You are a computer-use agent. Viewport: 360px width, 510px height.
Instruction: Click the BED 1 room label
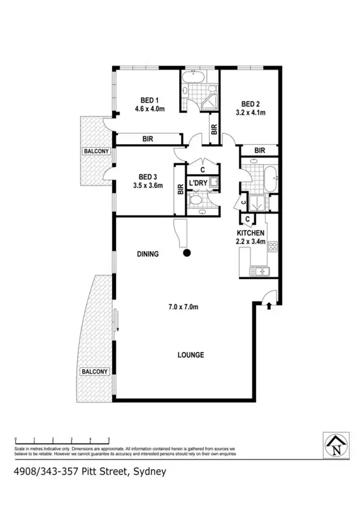pos(150,99)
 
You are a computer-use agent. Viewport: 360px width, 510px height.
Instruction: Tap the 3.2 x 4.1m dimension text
pos(250,112)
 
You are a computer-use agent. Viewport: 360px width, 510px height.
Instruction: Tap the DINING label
pos(148,254)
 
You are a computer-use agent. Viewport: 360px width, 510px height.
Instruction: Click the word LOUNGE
pos(191,355)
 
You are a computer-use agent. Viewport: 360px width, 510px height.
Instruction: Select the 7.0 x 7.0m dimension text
pos(185,307)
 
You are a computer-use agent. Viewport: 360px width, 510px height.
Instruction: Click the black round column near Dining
pos(187,253)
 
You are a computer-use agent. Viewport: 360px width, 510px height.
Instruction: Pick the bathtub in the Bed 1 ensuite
pos(192,80)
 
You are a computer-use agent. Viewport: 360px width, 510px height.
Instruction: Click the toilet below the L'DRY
pos(197,203)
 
